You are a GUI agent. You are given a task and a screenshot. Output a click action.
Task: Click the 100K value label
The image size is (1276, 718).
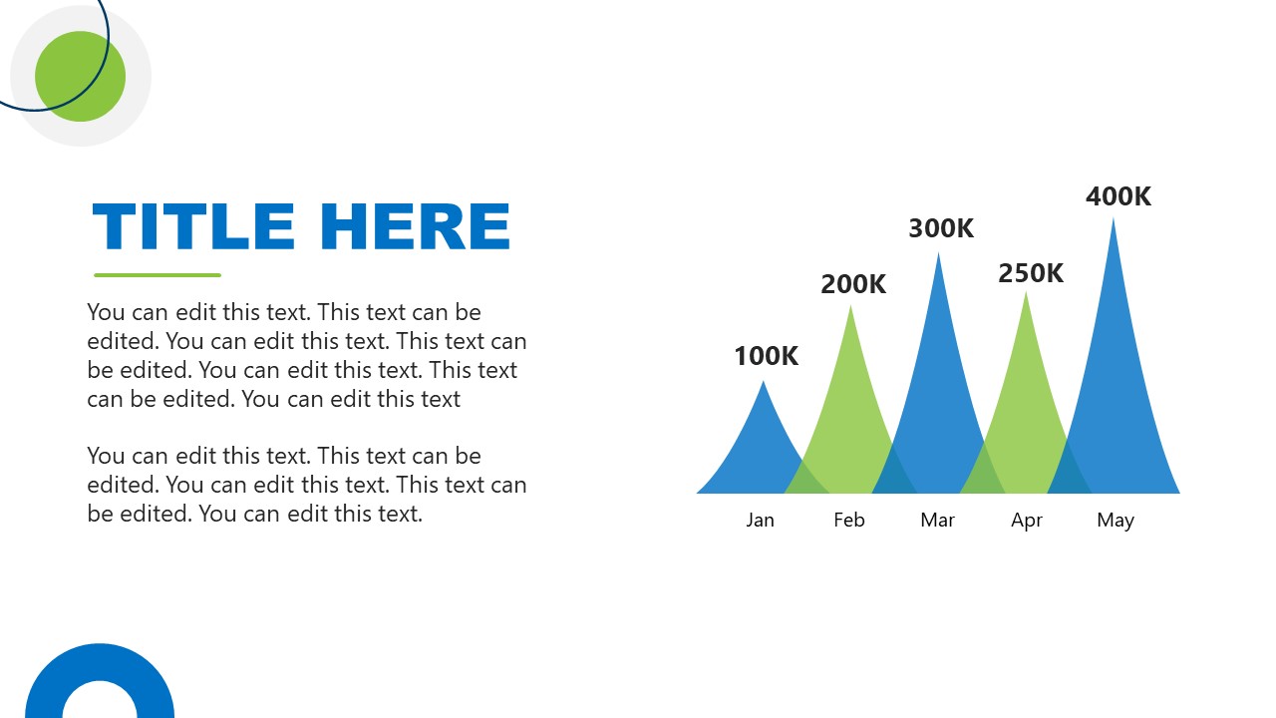(x=766, y=356)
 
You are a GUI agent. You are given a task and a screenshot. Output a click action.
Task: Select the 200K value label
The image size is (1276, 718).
(x=853, y=284)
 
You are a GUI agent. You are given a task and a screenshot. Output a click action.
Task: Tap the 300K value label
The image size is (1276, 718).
(x=941, y=228)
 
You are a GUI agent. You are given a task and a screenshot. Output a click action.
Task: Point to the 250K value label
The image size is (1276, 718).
(x=1031, y=273)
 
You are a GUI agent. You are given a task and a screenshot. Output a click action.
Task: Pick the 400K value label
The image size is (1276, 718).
(x=1118, y=196)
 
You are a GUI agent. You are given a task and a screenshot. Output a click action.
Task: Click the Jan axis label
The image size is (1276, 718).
(x=760, y=520)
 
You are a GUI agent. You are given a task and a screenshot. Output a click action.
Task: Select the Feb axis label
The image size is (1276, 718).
(x=849, y=520)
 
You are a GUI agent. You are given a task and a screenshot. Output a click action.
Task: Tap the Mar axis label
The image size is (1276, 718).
(x=937, y=520)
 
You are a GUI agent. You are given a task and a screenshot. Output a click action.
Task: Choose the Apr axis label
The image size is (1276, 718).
(x=1027, y=520)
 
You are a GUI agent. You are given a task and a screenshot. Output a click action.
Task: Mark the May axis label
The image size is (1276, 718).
(x=1116, y=520)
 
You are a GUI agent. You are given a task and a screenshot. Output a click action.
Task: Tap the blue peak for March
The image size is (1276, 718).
(x=938, y=379)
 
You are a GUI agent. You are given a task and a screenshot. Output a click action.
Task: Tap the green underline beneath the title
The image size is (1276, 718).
(x=158, y=275)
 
